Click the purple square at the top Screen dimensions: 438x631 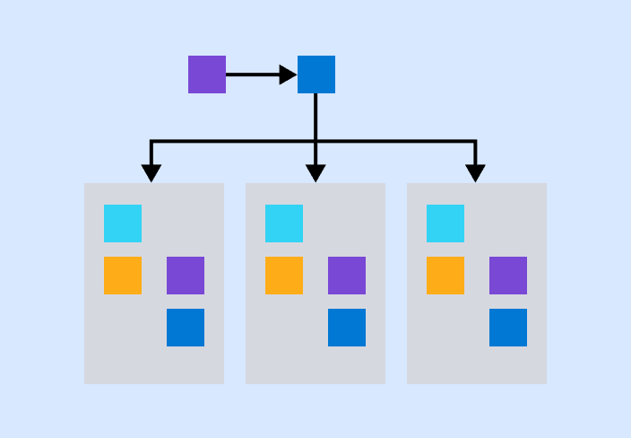[x=207, y=74]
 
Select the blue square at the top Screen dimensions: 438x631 [x=316, y=74]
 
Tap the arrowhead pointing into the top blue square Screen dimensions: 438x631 [x=289, y=74]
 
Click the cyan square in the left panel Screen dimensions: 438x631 [x=123, y=223]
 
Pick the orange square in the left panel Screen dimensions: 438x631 [x=123, y=276]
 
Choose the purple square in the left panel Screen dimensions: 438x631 [x=186, y=276]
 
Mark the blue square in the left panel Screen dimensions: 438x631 [x=186, y=328]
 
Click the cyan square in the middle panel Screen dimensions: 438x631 [x=284, y=223]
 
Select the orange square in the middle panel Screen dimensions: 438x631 [x=284, y=276]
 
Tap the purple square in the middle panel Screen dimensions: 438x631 [x=347, y=276]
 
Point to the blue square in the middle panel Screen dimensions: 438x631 [x=347, y=328]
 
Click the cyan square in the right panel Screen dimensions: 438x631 [x=445, y=223]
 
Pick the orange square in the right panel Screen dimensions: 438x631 [x=445, y=276]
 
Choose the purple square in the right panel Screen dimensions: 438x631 [x=508, y=276]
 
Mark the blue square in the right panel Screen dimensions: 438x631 [x=508, y=328]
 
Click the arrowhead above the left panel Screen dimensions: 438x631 [x=151, y=173]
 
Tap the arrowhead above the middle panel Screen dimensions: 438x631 [x=315, y=173]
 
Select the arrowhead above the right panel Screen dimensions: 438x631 [x=476, y=173]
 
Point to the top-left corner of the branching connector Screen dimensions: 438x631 [x=151, y=142]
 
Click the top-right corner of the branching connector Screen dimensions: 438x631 [x=476, y=142]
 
